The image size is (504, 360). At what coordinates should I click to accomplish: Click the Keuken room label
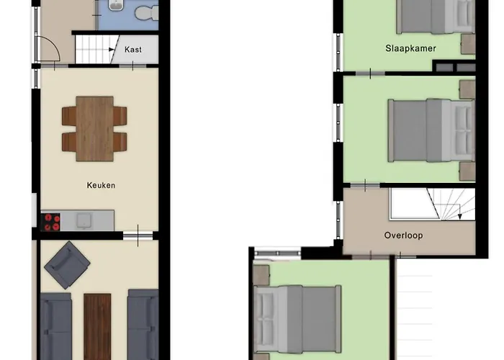[x=101, y=185]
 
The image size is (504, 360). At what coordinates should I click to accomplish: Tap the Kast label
[x=133, y=50]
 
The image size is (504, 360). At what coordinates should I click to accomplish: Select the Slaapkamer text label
[x=411, y=48]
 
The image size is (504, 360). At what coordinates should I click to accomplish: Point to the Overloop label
[x=403, y=235]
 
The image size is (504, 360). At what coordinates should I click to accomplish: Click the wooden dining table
[x=95, y=129]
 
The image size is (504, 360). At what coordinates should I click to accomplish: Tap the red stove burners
[x=51, y=222]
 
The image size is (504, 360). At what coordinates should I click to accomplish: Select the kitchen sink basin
[x=84, y=221]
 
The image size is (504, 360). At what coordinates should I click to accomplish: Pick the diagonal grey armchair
[x=67, y=265]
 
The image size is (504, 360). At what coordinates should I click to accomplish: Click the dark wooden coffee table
[x=97, y=326]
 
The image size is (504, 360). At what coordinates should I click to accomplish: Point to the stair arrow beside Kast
[x=111, y=50]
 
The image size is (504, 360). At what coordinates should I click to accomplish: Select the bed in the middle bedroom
[x=431, y=130]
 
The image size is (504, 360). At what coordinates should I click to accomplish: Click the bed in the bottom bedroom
[x=297, y=319]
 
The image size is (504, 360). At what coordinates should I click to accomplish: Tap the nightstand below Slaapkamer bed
[x=468, y=44]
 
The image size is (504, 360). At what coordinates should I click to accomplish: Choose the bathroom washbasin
[x=116, y=4]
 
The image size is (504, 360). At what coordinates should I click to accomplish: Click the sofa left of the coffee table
[x=56, y=326]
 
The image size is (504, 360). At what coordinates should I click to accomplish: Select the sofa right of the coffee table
[x=143, y=325]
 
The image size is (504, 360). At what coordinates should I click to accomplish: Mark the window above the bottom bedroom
[x=277, y=253]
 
